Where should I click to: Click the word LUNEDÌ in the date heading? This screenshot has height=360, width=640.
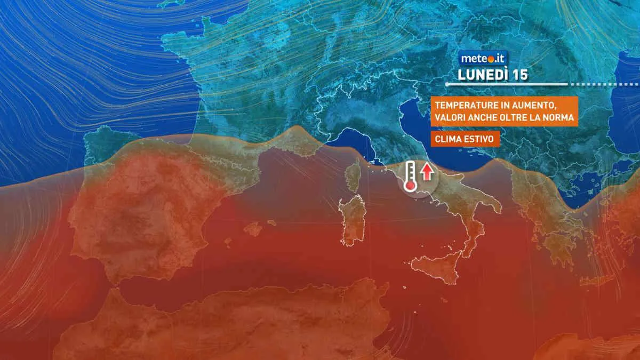coord(482,75)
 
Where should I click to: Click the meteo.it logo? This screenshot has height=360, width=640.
coord(476,58)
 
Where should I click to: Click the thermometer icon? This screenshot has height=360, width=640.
coord(410,175)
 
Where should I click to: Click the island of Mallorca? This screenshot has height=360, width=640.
coord(253,228)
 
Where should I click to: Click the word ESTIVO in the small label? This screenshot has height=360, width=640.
coord(477,139)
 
